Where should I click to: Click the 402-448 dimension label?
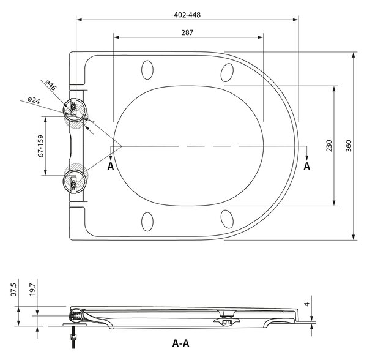point(187,15)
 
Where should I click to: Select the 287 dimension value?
point(187,32)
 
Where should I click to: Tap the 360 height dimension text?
point(349,146)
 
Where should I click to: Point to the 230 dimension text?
point(329,146)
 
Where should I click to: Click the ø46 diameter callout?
point(51,85)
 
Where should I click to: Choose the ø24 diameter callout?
point(34,100)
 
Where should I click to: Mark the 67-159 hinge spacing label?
point(41,146)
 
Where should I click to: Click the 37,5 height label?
point(14,290)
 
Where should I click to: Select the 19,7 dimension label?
point(32,290)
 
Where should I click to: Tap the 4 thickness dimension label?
point(307,304)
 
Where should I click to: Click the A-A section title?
point(180,343)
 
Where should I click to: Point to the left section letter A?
point(111,167)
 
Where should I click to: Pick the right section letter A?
point(307,167)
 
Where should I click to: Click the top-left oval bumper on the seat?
point(147,70)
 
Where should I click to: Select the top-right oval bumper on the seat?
point(227,73)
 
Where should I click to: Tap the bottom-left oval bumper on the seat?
point(147,222)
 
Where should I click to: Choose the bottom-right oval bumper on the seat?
point(227,219)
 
